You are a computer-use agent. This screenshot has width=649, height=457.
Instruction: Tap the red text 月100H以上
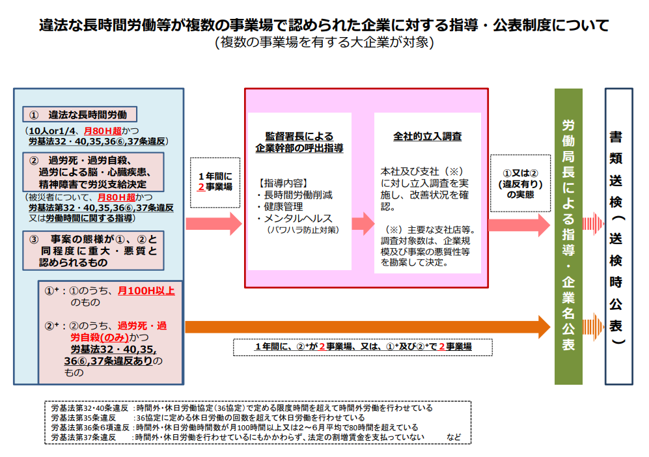click(x=146, y=290)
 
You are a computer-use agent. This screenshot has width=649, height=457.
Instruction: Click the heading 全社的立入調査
click(x=428, y=137)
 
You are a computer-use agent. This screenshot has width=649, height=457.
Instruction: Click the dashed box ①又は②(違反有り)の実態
click(x=519, y=183)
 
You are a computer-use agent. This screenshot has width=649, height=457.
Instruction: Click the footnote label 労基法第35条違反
click(x=83, y=417)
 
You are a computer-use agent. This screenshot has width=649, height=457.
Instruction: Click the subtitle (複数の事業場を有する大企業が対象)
click(x=324, y=43)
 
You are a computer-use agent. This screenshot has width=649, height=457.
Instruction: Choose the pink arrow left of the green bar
click(x=519, y=225)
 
